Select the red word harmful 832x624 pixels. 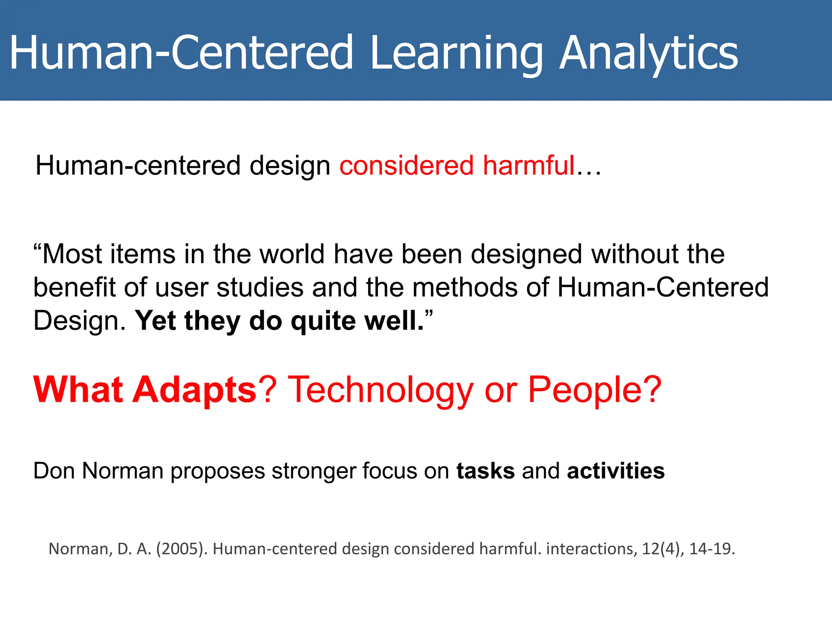(x=529, y=166)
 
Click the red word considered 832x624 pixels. (x=407, y=166)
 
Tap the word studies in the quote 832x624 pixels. (x=260, y=288)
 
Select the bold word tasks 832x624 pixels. (x=485, y=471)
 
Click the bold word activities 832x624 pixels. (x=615, y=471)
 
